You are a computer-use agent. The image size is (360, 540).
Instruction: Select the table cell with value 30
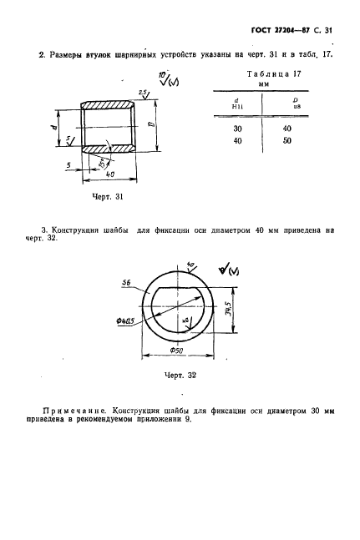tap(236, 129)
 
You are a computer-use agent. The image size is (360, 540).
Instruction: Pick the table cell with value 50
tap(287, 141)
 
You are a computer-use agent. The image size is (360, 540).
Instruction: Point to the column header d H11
tap(236, 103)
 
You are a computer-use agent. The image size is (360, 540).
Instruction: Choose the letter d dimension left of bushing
tap(53, 127)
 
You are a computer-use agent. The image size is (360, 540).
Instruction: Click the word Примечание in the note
tap(76, 411)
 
